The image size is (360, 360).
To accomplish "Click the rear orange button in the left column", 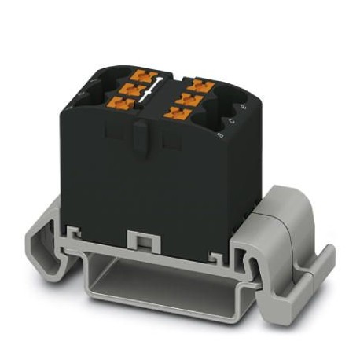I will pyautogui.click(x=143, y=75).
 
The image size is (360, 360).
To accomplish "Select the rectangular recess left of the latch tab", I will pyautogui.click(x=113, y=134).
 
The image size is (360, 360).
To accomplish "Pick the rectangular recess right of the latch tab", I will pyautogui.click(x=168, y=141).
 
